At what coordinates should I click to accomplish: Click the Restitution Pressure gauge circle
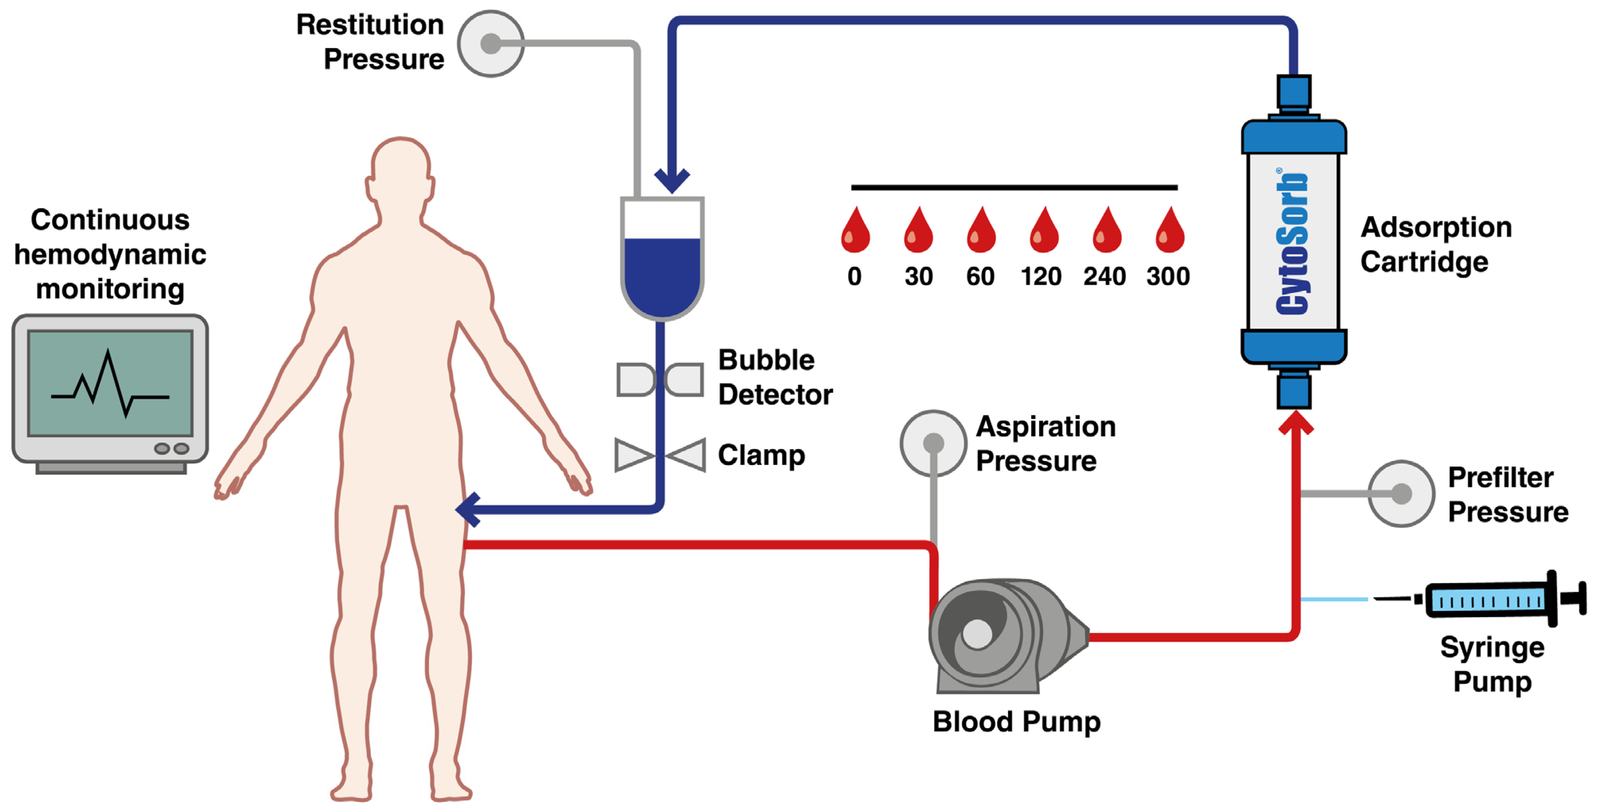(491, 43)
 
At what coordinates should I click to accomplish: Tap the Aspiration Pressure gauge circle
(933, 443)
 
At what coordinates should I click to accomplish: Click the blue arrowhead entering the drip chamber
(672, 181)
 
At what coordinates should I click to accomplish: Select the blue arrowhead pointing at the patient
(468, 509)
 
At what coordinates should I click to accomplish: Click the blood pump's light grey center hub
(978, 634)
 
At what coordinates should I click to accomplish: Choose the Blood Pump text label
(1017, 722)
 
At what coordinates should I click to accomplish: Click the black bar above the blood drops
(1014, 187)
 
